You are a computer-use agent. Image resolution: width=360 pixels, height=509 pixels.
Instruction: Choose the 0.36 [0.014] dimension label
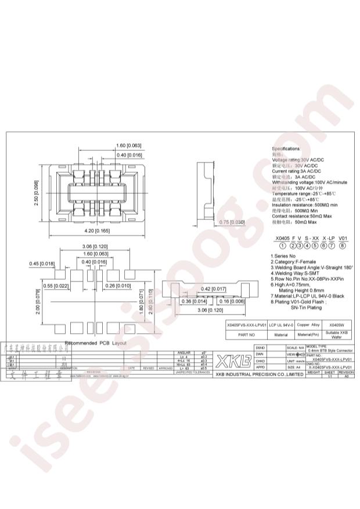point(192,301)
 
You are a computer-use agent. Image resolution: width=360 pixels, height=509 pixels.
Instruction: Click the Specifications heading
point(286,149)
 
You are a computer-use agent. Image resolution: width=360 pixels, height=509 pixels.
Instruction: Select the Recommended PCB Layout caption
point(95,344)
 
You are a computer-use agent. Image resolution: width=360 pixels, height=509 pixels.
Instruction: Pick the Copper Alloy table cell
point(308,326)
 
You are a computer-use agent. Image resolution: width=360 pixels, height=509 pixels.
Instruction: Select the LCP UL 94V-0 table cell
point(282,326)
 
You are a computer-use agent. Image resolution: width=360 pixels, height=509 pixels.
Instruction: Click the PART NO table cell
point(247,335)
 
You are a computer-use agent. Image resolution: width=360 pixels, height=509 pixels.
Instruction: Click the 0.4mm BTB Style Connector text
point(330,351)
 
